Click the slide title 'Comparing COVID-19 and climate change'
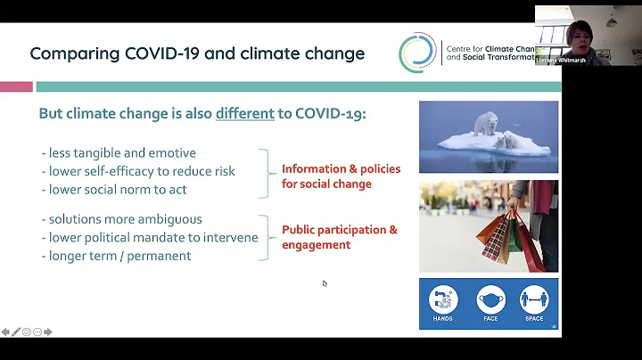[197, 53]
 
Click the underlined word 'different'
[244, 114]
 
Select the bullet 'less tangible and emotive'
[118, 152]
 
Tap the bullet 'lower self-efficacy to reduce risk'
[137, 170]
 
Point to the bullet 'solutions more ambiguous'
[121, 219]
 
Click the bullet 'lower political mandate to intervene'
[149, 237]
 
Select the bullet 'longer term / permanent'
[115, 255]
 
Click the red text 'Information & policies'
[341, 168]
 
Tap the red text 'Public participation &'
[340, 229]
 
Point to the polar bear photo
[489, 136]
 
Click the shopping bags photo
[489, 225]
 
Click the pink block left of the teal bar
[16, 86]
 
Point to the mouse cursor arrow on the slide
[325, 283]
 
